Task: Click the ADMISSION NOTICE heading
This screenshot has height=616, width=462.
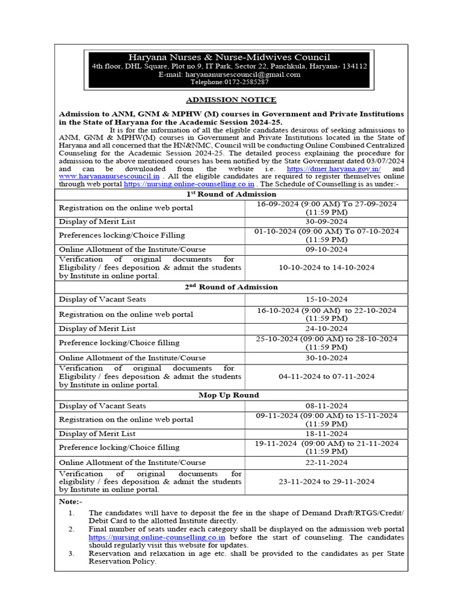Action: click(x=231, y=100)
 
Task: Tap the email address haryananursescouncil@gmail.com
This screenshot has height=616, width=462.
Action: click(x=229, y=75)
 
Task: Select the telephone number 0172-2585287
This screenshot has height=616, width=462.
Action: click(x=229, y=82)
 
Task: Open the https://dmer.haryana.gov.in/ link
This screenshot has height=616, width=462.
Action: click(x=334, y=169)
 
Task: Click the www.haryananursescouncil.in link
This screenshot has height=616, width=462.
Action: click(x=109, y=176)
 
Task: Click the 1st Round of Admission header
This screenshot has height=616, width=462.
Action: click(x=231, y=194)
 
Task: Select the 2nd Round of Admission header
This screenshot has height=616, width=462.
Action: click(x=231, y=287)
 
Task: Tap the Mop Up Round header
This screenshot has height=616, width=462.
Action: click(x=229, y=395)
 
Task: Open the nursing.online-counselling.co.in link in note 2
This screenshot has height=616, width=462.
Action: click(x=157, y=537)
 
